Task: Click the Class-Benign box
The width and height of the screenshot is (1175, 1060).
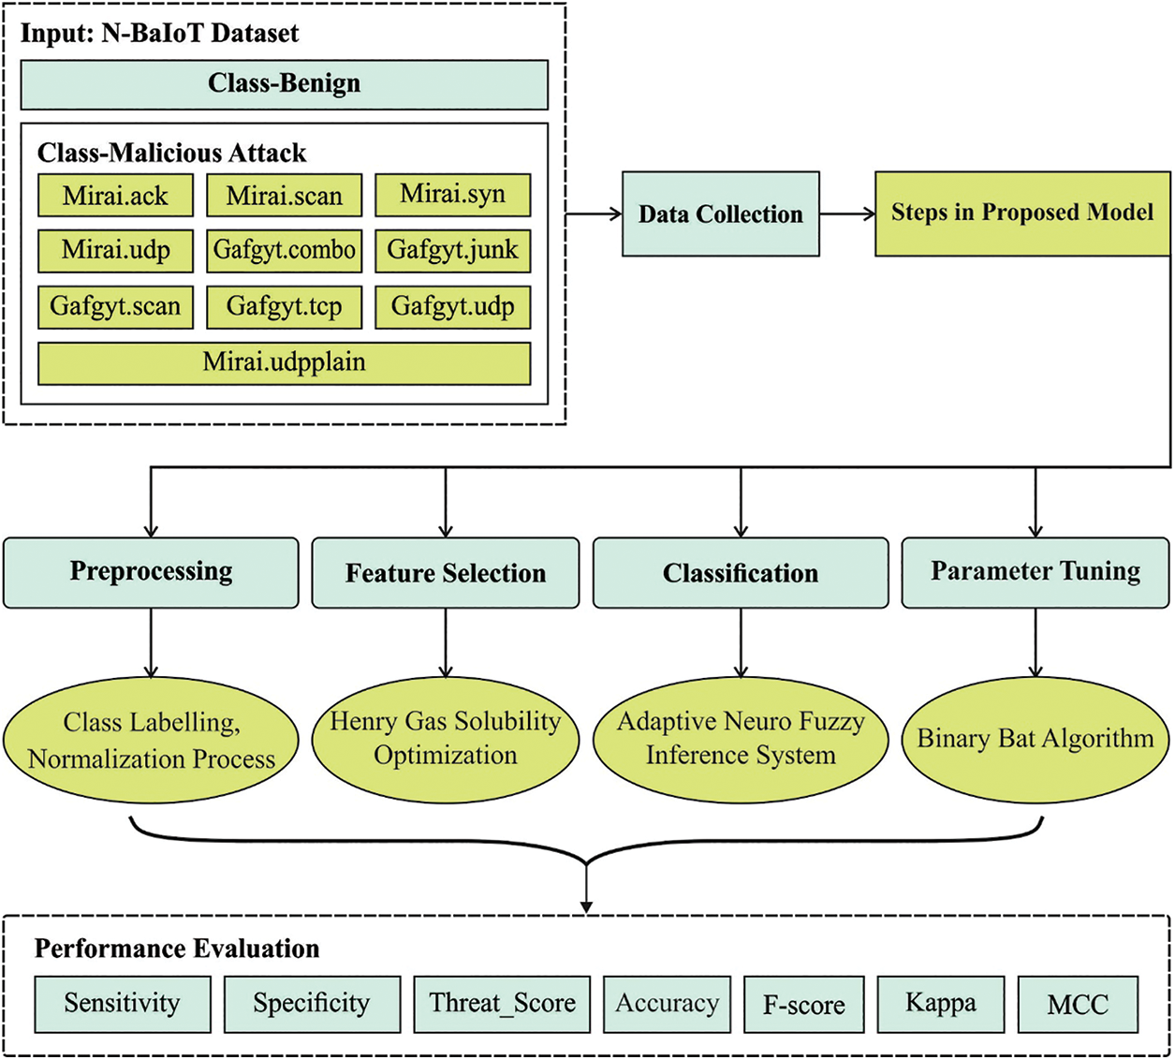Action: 284,84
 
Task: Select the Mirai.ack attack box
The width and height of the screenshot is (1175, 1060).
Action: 115,196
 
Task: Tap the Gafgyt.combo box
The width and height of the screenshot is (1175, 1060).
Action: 284,251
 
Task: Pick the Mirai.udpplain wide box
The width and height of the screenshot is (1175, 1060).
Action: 284,362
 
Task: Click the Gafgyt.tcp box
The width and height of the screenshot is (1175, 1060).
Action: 284,307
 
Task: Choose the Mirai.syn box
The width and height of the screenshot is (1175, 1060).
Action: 452,195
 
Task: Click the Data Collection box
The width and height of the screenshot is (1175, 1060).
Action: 720,214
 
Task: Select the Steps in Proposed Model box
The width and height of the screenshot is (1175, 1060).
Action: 1021,213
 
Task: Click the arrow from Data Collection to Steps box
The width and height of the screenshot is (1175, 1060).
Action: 847,214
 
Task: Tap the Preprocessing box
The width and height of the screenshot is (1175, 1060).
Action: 151,572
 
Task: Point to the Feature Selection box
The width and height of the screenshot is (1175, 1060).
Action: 445,573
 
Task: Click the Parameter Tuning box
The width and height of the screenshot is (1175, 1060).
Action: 1035,572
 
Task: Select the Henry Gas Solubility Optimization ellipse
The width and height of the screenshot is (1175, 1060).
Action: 445,739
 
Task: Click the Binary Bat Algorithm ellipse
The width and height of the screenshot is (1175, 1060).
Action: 1035,739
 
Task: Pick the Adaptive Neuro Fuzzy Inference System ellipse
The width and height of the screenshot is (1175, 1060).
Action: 740,739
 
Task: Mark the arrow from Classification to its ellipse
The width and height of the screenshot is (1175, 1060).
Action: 741,642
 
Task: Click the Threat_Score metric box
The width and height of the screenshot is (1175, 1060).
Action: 502,1004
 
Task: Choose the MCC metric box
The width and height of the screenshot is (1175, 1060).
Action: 1078,1005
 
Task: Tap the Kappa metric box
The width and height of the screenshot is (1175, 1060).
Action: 940,1004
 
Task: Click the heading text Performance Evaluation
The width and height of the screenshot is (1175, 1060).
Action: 177,949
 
